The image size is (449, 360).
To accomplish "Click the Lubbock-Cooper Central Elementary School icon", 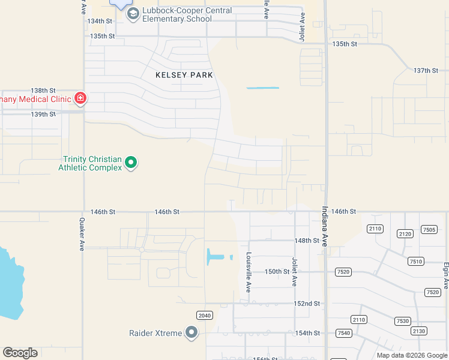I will click(x=133, y=14).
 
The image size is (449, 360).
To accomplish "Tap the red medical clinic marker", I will click(x=80, y=98).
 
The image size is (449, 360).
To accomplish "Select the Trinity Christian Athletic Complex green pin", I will click(x=131, y=162).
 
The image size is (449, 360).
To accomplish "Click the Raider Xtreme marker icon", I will click(x=191, y=332).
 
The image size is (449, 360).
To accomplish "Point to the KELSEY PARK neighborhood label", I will click(x=184, y=75).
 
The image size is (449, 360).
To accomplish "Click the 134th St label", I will click(x=100, y=21).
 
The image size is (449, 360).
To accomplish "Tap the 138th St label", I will click(x=43, y=90).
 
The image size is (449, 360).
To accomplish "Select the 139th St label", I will click(x=43, y=114).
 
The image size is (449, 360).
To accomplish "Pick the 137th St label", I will click(x=426, y=71).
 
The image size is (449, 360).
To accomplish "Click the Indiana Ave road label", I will click(x=325, y=227).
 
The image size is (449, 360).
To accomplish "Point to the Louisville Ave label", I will click(x=249, y=272).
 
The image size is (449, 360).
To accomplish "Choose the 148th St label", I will click(x=307, y=241).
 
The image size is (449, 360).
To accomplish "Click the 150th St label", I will click(x=277, y=272).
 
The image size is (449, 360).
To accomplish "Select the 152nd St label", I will click(x=307, y=304).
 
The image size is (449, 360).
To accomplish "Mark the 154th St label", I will click(x=307, y=333).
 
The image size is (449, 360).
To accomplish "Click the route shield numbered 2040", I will click(x=205, y=315).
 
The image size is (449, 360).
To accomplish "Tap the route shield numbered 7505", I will click(x=429, y=230).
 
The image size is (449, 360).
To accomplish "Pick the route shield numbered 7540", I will click(x=344, y=333).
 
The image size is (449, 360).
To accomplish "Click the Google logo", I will click(x=20, y=353).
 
